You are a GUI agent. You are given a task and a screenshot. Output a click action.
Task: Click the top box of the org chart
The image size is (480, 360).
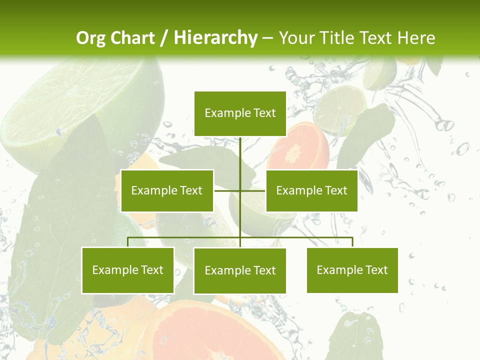point(240,113)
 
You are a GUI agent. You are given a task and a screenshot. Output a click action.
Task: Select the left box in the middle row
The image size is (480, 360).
point(167,190)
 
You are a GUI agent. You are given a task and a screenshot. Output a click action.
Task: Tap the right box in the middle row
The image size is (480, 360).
point(311,190)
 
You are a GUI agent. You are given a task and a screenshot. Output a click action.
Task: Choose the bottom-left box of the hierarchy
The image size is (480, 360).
point(128,270)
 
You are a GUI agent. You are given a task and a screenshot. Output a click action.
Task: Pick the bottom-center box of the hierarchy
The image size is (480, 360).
point(240,270)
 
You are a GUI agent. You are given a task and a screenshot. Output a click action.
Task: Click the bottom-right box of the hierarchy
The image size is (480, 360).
point(352,270)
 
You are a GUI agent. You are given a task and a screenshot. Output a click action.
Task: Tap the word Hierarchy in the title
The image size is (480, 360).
point(215,38)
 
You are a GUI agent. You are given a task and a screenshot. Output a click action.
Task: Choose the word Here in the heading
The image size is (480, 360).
point(416,38)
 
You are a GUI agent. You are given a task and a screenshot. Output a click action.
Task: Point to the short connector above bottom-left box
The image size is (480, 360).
point(128,242)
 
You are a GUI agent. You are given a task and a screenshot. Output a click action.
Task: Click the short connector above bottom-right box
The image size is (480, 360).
point(352,242)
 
